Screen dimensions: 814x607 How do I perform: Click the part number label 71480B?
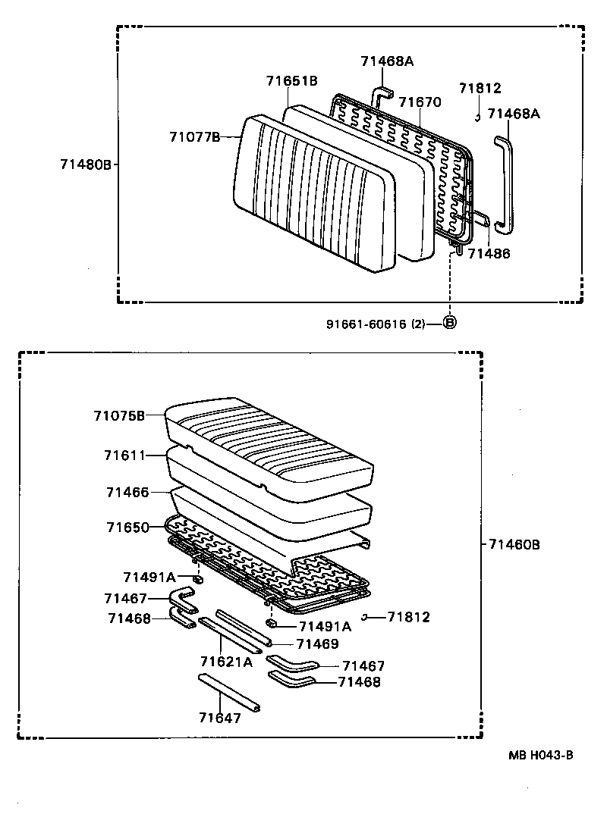click(86, 164)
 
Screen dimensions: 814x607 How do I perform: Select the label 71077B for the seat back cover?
click(194, 136)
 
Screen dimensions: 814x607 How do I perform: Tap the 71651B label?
click(291, 81)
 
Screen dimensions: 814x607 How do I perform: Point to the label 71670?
click(420, 102)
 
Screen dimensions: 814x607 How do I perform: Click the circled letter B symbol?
click(449, 323)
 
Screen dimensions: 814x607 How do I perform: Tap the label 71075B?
click(119, 415)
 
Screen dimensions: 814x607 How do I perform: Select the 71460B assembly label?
click(514, 544)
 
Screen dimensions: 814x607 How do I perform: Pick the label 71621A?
click(226, 662)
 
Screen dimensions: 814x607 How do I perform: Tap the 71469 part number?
click(317, 643)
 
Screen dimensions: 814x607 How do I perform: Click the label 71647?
click(219, 718)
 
